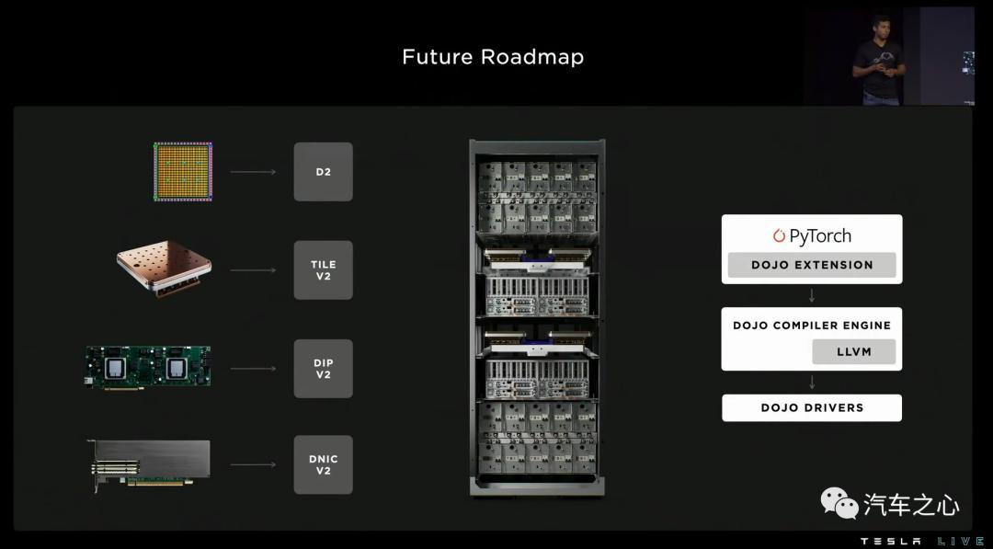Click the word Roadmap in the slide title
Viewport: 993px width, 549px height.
click(532, 57)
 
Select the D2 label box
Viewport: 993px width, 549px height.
click(323, 172)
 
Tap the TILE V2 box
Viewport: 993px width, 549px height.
click(323, 269)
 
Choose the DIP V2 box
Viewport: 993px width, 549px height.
click(323, 369)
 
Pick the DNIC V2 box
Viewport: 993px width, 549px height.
click(323, 464)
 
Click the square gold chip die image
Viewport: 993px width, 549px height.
click(183, 172)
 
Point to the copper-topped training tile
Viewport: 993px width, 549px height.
click(164, 269)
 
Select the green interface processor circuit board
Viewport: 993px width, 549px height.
click(147, 367)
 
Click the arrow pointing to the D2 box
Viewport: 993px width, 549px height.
click(253, 172)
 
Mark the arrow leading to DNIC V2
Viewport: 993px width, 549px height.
click(253, 464)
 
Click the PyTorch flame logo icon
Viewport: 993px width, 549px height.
click(779, 236)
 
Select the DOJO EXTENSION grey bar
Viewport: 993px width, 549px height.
click(812, 266)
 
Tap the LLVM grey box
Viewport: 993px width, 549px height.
click(853, 352)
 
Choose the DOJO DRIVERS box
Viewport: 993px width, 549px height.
click(812, 407)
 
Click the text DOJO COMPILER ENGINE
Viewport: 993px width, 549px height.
click(812, 326)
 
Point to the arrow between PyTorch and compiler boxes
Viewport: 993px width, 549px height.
click(812, 295)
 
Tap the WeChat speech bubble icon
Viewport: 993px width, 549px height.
click(839, 503)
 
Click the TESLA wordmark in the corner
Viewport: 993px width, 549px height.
click(890, 542)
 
